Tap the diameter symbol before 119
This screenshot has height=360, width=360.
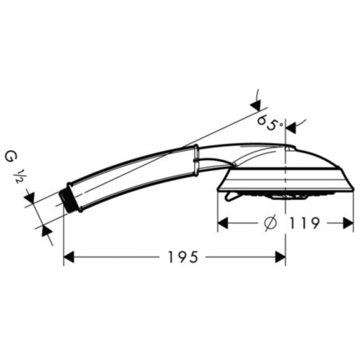pyautogui.click(x=270, y=223)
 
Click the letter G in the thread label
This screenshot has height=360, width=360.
pyautogui.click(x=9, y=157)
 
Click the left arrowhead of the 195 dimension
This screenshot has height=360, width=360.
pyautogui.click(x=70, y=257)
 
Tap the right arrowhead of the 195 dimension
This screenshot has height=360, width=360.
pyautogui.click(x=280, y=257)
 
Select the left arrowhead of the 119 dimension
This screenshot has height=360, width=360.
pyautogui.click(x=223, y=223)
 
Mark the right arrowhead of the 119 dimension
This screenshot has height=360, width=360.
pyautogui.click(x=348, y=223)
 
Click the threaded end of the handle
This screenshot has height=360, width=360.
pyautogui.click(x=66, y=198)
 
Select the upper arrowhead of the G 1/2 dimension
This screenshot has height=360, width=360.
pyautogui.click(x=29, y=197)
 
